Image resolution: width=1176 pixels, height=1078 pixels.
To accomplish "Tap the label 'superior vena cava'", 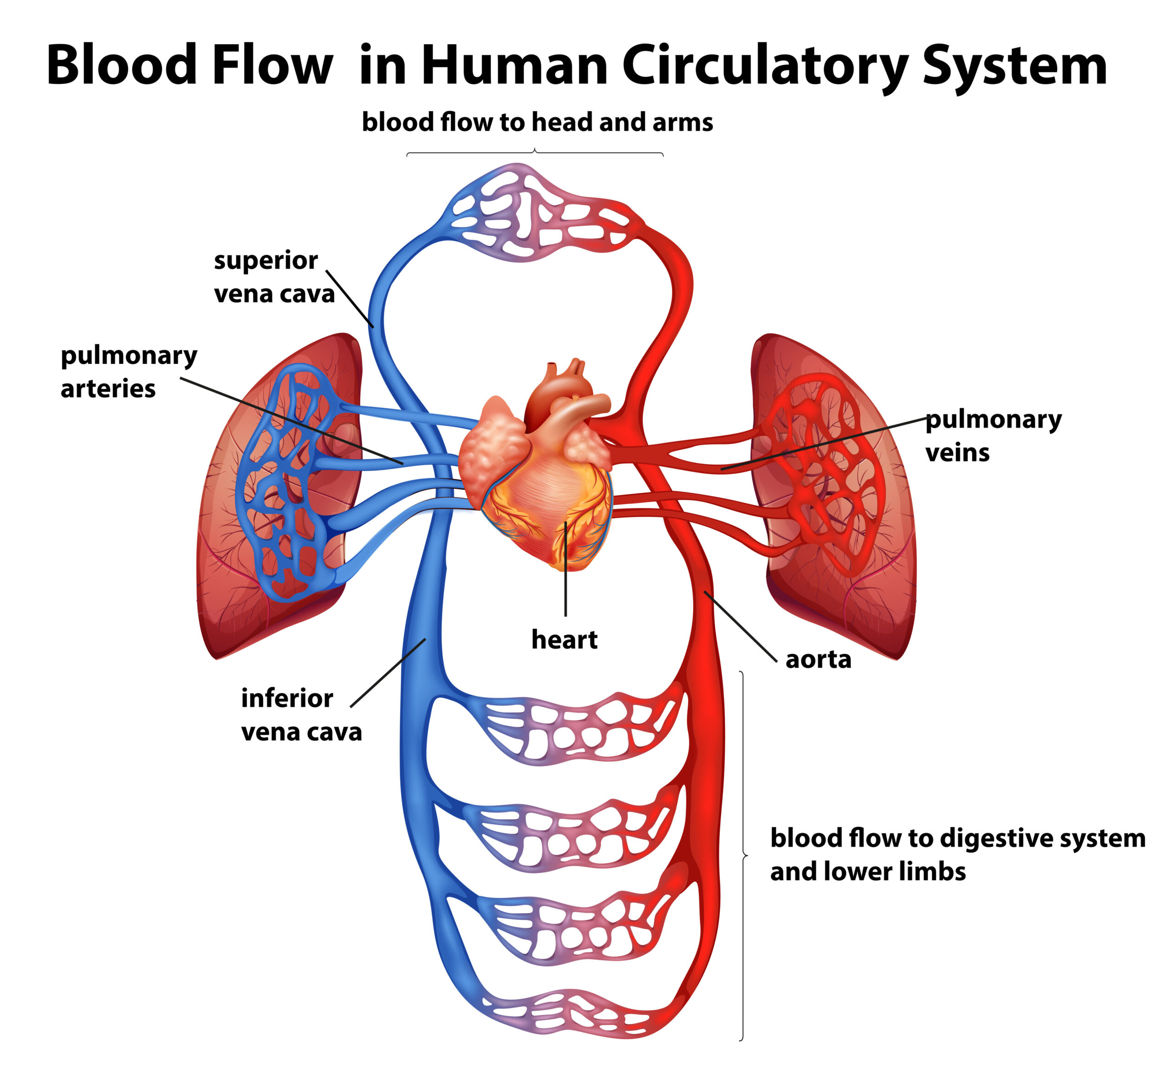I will [x=274, y=277].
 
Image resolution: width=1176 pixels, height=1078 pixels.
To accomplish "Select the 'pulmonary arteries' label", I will [x=128, y=372].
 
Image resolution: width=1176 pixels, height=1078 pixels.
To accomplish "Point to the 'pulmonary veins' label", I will [x=994, y=436].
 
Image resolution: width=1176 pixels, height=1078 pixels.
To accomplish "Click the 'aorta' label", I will [x=819, y=660].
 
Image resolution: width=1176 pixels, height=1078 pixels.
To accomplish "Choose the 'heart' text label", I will [x=564, y=640].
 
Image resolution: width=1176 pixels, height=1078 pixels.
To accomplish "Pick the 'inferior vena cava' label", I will [x=301, y=715].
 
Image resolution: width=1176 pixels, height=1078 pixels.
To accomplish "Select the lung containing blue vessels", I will [x=274, y=496].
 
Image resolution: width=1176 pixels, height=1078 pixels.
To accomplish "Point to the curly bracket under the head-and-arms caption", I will [x=535, y=153].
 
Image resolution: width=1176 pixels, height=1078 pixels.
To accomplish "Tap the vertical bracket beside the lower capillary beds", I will [x=743, y=855].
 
